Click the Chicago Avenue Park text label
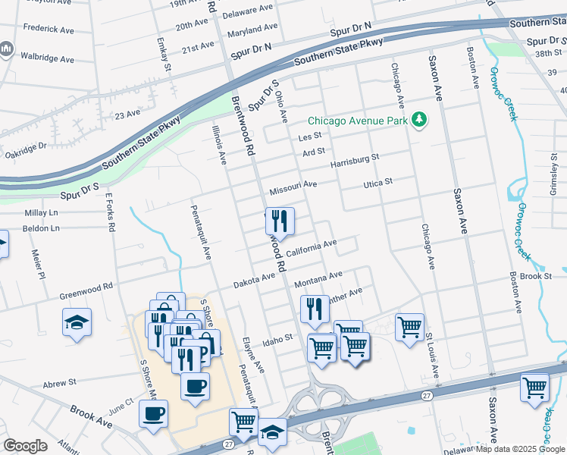356,121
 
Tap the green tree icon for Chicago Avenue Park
418,120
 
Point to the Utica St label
377,183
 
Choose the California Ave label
311,247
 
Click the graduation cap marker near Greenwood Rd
77,322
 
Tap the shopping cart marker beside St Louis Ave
409,327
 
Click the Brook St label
536,277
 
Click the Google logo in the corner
26,446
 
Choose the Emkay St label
161,55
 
